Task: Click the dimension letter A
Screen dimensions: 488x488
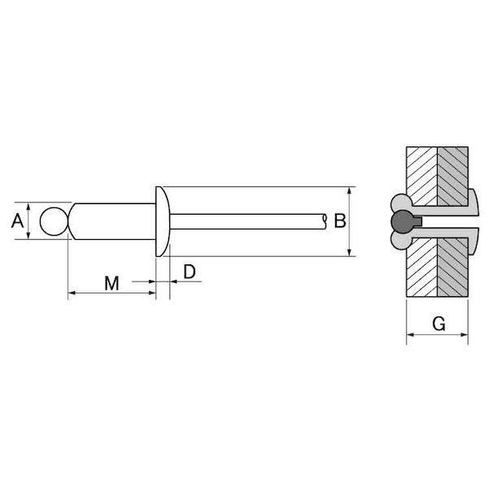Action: point(17,220)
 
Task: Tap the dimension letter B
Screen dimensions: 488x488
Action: point(340,220)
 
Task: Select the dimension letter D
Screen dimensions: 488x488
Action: point(190,272)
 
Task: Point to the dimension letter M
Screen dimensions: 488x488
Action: point(111,283)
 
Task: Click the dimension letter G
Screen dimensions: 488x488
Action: point(439,324)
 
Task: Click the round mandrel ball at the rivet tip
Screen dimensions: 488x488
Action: point(54,221)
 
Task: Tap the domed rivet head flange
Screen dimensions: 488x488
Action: point(163,221)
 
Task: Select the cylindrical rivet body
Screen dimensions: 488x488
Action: point(112,221)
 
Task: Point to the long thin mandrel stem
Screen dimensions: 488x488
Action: point(248,221)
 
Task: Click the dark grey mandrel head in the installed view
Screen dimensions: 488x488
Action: point(403,222)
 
